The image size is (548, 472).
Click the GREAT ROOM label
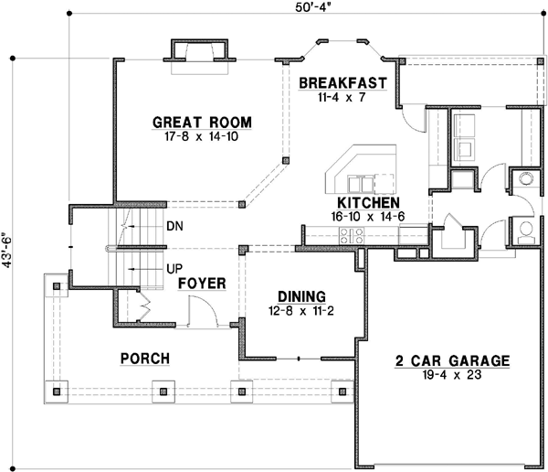pos(202,123)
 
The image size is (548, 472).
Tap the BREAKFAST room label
pos(342,83)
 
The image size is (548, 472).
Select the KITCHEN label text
pos(368,203)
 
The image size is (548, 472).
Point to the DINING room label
pos(301,297)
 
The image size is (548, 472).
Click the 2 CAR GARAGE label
pos(453,361)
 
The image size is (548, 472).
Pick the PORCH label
pos(145,359)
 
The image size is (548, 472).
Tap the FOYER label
pos(202,284)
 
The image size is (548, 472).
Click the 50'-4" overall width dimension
pos(312,7)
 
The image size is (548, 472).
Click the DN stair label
pos(174,227)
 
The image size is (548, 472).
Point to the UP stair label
pos(174,269)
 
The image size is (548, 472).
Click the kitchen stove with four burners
pos(352,235)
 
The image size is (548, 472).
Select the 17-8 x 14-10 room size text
pos(201,136)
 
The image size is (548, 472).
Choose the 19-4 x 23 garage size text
pos(452,375)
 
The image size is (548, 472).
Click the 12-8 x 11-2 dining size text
pos(300,311)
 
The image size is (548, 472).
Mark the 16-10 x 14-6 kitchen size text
pos(368,217)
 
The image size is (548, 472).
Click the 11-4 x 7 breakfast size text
pos(342,97)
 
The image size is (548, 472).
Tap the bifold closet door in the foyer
pos(144,306)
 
